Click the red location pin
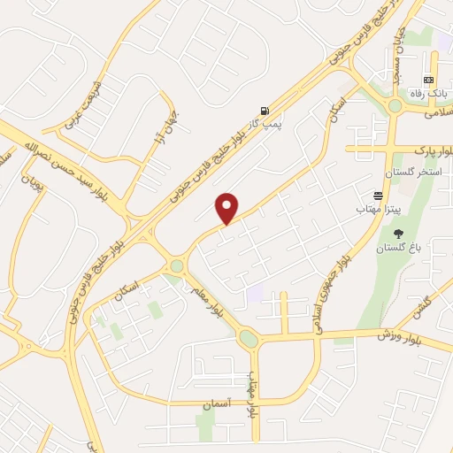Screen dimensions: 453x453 click(227, 208)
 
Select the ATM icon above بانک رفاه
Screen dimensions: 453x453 click(429, 80)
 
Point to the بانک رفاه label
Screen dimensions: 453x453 click(427, 93)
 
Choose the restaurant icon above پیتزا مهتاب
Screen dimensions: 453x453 click(378, 194)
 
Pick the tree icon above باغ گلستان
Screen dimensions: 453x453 click(397, 234)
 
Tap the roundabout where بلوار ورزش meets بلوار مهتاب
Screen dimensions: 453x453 click(249, 338)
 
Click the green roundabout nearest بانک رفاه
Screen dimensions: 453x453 click(395, 105)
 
